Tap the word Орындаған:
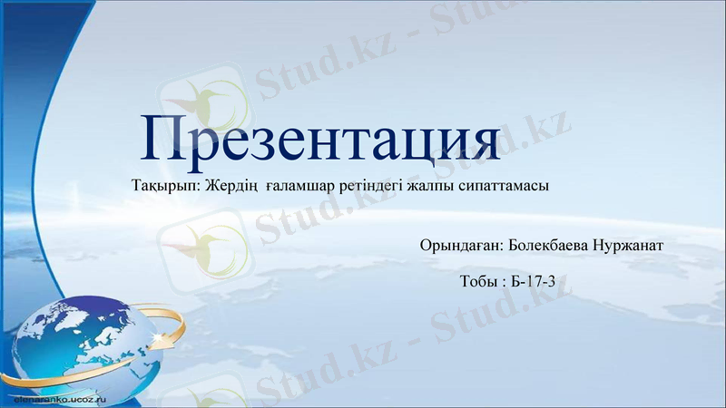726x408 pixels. pyautogui.click(x=462, y=245)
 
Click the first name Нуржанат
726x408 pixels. pyautogui.click(x=630, y=245)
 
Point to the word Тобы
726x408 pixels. pyautogui.click(x=477, y=281)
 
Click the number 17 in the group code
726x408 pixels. pyautogui.click(x=534, y=281)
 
